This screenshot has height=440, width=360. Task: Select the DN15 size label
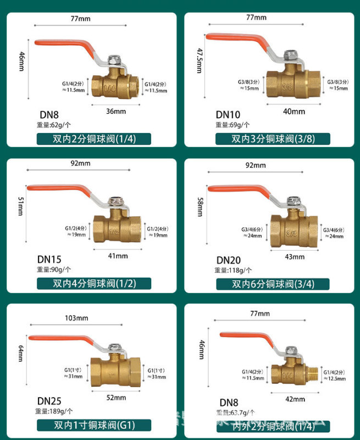tap(49, 259)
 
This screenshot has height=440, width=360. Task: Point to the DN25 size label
tap(48, 401)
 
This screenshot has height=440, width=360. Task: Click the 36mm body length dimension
tap(115, 111)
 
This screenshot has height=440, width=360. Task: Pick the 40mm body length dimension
tap(294, 111)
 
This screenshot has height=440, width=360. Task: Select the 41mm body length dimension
tap(118, 256)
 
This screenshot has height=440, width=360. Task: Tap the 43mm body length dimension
tap(295, 257)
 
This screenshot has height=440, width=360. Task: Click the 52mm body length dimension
tap(116, 398)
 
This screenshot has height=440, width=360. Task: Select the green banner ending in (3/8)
tap(272, 139)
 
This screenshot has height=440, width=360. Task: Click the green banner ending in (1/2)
tap(93, 284)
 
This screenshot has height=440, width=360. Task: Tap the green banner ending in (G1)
tap(93, 425)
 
